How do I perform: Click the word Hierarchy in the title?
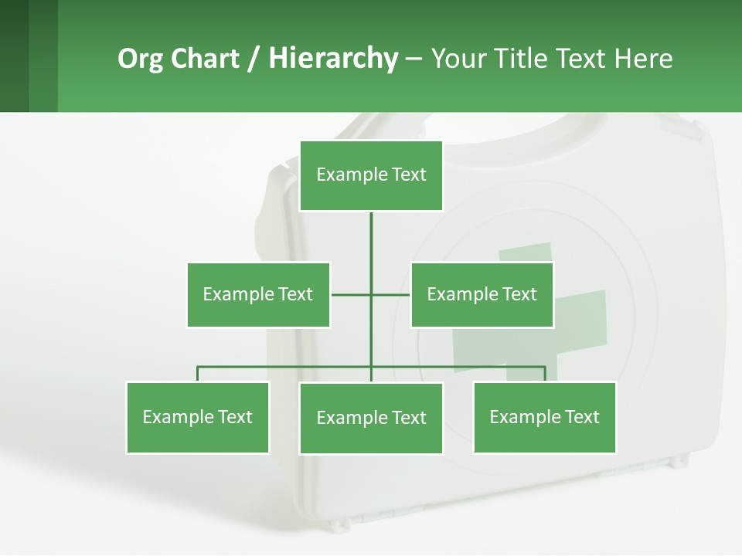click(x=333, y=59)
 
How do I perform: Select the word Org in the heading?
click(x=141, y=59)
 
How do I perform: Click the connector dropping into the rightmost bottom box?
click(x=545, y=374)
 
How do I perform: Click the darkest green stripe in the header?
click(x=14, y=56)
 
